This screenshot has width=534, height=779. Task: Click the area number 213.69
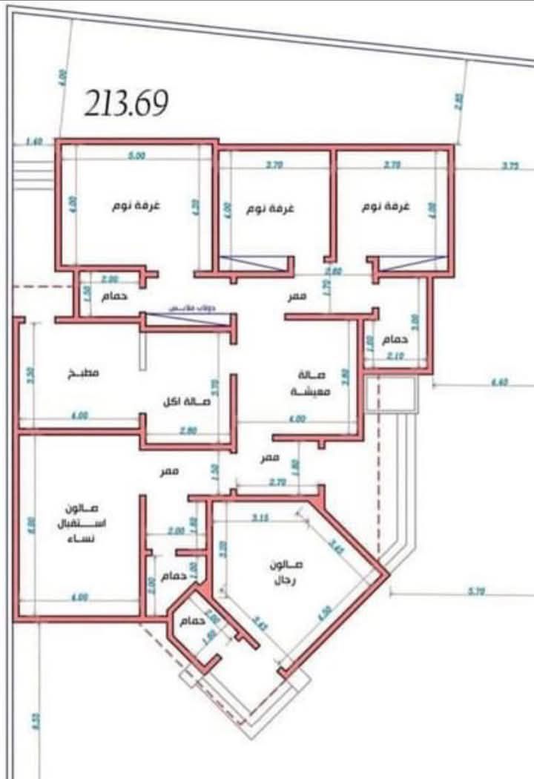126,103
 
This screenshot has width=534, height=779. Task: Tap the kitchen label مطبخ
84,373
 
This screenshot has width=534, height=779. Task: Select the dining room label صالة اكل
187,401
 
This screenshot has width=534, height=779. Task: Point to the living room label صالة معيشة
305,383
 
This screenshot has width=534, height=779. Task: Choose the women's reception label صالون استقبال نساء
82,522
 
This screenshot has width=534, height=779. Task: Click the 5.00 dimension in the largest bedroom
136,156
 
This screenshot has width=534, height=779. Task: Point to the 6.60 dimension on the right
500,383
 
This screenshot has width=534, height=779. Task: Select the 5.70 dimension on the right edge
476,591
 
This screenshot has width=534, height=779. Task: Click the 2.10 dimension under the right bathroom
394,357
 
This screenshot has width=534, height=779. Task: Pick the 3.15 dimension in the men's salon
260,517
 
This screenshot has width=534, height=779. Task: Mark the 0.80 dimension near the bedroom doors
336,271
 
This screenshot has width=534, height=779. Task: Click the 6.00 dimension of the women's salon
31,526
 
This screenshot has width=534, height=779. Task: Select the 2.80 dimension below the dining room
188,430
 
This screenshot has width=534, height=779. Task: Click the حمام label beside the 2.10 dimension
395,339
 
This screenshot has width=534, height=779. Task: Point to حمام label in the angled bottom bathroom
190,622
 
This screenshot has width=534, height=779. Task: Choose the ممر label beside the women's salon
172,471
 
